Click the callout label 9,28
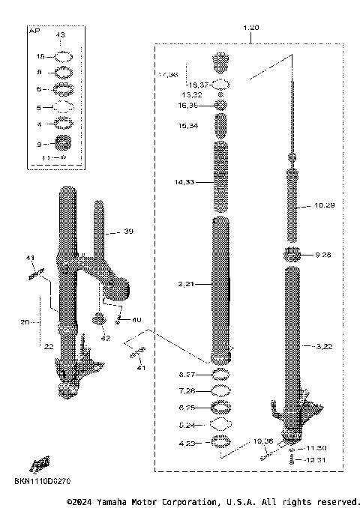323,255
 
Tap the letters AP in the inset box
34,31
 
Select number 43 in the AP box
61,35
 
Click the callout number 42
105,338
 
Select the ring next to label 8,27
221,374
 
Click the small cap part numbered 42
97,321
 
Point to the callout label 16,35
187,106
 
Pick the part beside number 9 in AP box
61,142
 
